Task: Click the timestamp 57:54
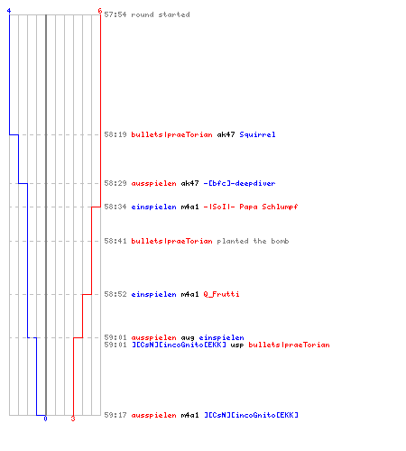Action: [115, 14]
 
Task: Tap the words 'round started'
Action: [161, 14]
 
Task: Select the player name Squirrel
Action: [257, 134]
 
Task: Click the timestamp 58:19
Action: [115, 134]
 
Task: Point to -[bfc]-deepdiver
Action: [239, 183]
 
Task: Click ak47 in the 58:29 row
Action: [189, 183]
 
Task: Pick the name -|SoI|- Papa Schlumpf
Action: [251, 207]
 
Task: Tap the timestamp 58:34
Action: [115, 207]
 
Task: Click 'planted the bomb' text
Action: [253, 241]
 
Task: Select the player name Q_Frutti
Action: [221, 294]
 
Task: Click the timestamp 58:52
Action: [115, 294]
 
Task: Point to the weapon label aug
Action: [188, 338]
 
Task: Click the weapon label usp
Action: [237, 345]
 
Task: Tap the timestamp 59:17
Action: [115, 415]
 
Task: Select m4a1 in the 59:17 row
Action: [189, 415]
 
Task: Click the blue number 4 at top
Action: [9, 11]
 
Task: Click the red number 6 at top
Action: [100, 11]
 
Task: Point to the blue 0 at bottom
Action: [45, 419]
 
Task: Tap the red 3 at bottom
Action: [73, 419]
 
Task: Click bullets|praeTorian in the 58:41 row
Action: [171, 241]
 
